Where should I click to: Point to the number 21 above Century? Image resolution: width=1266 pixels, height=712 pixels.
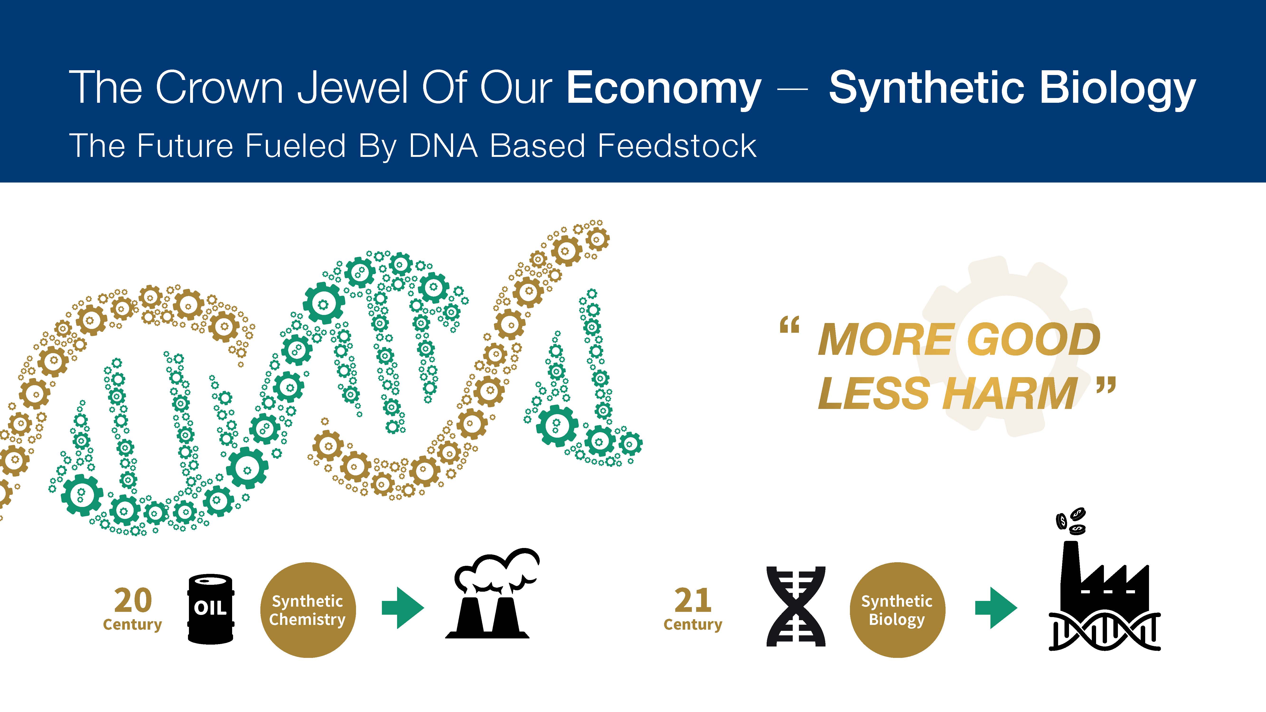tap(693, 600)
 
